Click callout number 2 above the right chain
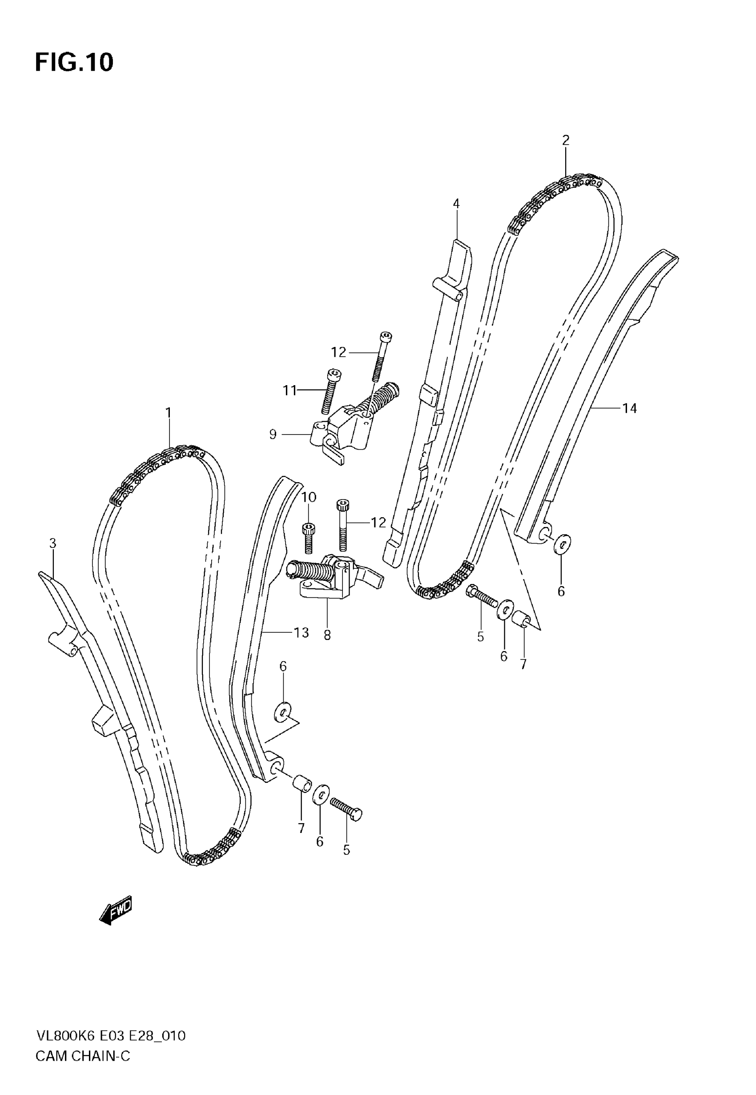coord(566,140)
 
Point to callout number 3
coord(52,543)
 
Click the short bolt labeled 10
coord(309,538)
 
